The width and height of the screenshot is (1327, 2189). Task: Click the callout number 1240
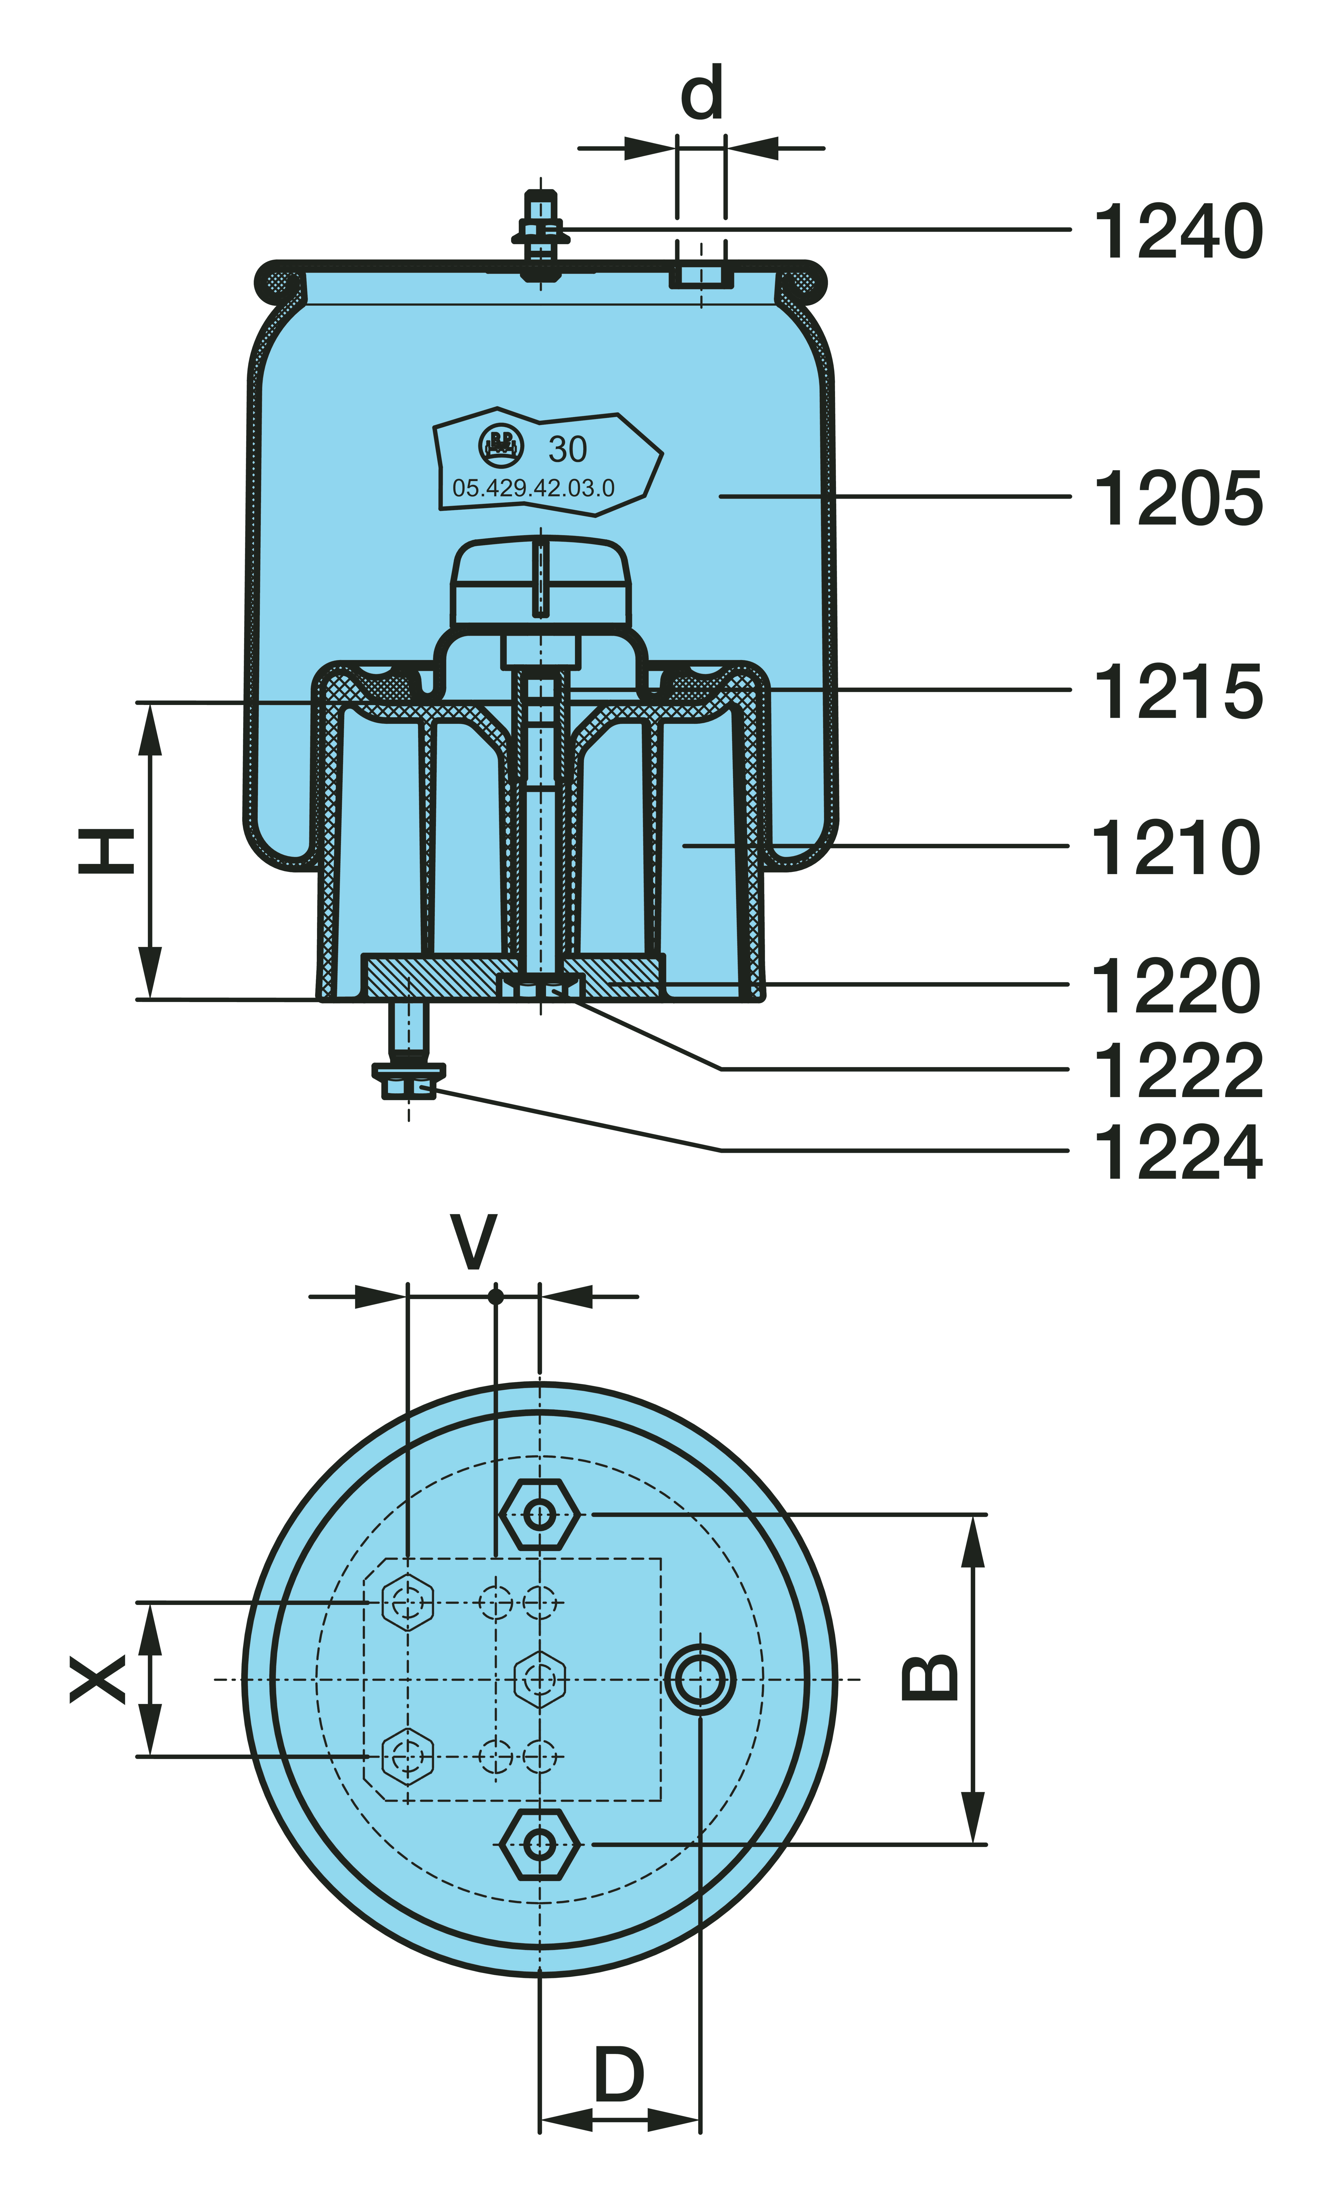click(x=1178, y=231)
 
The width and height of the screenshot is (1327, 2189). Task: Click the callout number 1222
click(x=1178, y=1071)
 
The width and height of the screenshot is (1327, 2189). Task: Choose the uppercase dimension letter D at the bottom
click(x=619, y=2074)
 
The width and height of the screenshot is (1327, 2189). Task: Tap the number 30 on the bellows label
click(x=567, y=450)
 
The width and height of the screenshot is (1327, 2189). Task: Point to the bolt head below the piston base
click(x=408, y=1082)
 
